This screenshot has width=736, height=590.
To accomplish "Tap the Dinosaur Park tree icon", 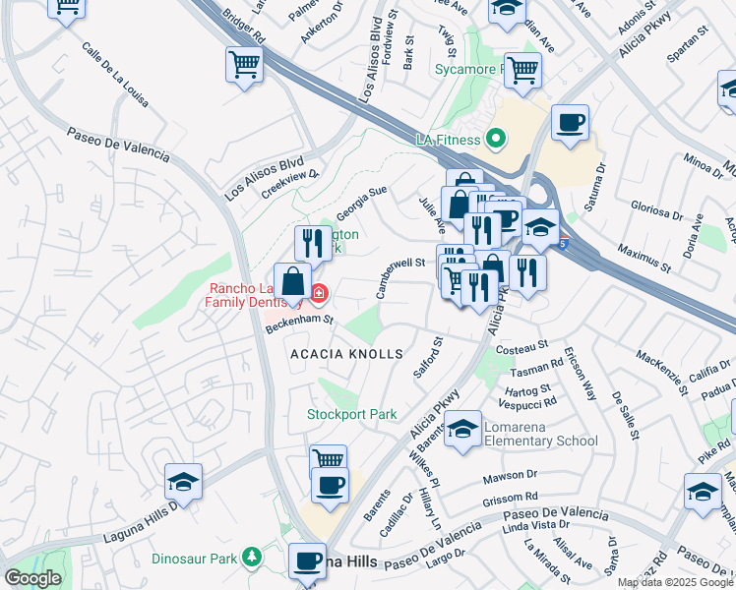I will click(x=253, y=559).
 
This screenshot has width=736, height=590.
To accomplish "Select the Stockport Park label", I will click(x=351, y=414).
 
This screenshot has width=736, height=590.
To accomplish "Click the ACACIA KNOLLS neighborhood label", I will click(x=346, y=353).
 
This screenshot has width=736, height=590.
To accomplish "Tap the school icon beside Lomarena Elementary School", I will click(x=462, y=430).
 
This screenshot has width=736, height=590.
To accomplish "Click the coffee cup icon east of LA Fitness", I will click(x=570, y=124).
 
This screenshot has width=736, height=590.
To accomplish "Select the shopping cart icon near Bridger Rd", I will click(x=245, y=66).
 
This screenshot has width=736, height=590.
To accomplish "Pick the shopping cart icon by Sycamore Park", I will click(x=521, y=70).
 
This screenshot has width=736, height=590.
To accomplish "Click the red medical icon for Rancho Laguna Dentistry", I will click(x=320, y=293).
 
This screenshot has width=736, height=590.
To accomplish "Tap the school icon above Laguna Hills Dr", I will click(x=184, y=483).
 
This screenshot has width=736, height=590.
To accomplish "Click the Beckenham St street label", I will click(x=300, y=324).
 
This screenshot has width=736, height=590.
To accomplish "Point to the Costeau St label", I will click(x=521, y=348).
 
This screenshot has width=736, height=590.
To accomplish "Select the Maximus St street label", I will click(x=644, y=259).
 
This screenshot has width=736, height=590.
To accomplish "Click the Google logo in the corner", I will click(x=32, y=578).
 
